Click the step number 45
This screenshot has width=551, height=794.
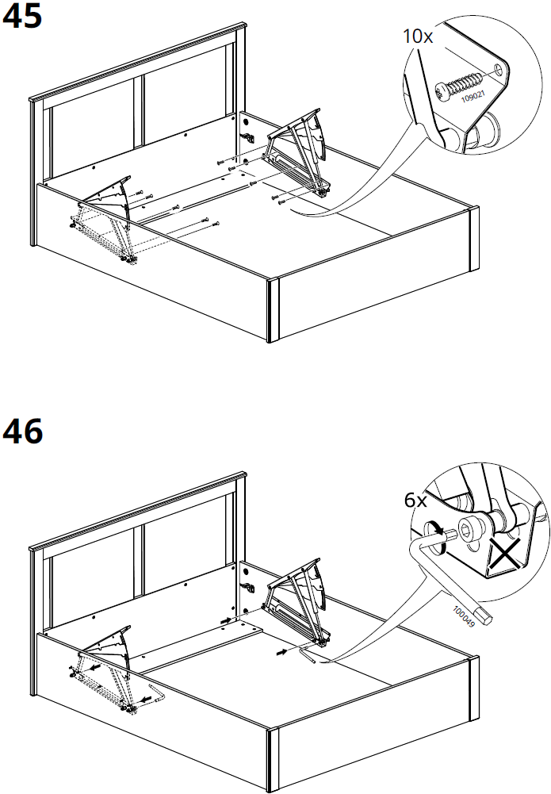23,17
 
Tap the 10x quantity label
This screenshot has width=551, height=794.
417,36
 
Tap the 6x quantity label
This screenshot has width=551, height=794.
415,501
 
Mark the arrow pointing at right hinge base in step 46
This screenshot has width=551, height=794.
282,653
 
